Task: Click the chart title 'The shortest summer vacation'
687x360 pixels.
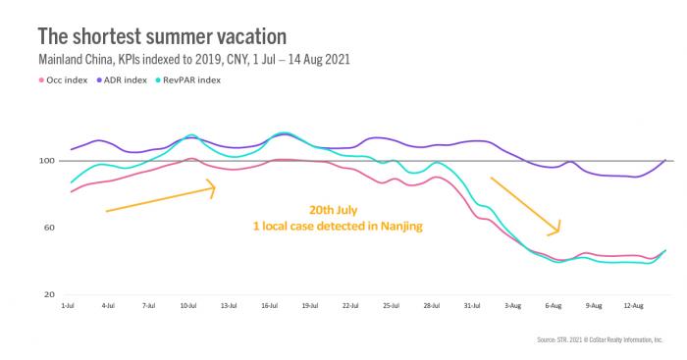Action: [x=162, y=36]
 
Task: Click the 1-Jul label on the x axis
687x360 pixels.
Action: [x=68, y=306]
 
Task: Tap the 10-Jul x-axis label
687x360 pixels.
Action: [x=190, y=306]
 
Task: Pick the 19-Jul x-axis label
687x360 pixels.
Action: [x=313, y=306]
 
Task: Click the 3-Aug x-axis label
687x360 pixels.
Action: [x=513, y=306]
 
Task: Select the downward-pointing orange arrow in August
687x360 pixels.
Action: [x=525, y=205]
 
